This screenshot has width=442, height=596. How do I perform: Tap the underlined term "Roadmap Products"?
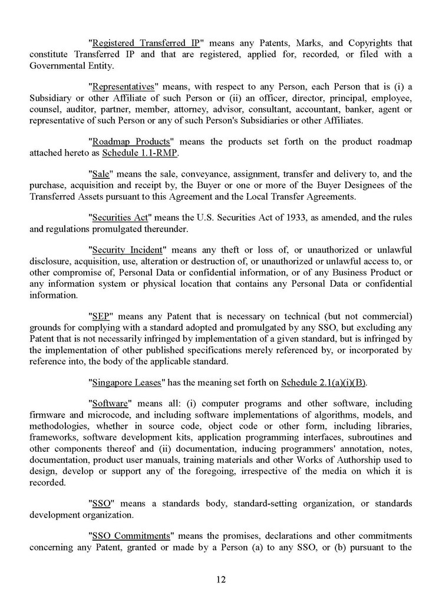(x=131, y=142)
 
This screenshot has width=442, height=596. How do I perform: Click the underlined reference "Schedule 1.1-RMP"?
(x=140, y=153)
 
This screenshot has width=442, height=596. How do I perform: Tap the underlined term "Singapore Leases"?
(x=127, y=382)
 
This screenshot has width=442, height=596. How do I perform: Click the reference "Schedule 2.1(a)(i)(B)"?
(x=324, y=382)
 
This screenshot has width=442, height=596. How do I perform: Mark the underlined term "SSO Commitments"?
(x=131, y=536)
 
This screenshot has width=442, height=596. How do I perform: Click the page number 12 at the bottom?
(x=220, y=580)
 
